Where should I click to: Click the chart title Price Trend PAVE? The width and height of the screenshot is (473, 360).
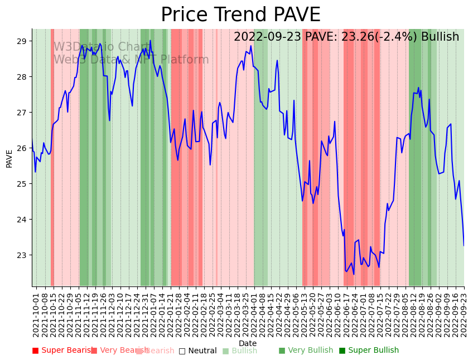pos(240,15)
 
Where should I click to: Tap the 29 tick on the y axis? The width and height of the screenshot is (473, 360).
pos(22,41)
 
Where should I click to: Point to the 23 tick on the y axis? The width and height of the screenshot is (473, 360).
pos(22,255)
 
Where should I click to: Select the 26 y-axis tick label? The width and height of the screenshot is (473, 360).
pos(22,148)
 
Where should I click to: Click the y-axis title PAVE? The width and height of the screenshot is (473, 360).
pos(9,158)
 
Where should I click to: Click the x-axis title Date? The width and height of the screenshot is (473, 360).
pos(248,343)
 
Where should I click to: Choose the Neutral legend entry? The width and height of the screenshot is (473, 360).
pos(197,351)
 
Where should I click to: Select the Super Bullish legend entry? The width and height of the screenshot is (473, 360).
pos(369,351)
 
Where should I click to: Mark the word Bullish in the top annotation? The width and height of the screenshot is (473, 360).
pos(440,37)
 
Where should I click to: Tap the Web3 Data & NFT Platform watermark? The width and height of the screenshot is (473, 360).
pos(131,60)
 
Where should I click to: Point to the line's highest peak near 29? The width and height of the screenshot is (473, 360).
pos(150,41)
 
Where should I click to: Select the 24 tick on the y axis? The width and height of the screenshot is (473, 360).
pos(22,220)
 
